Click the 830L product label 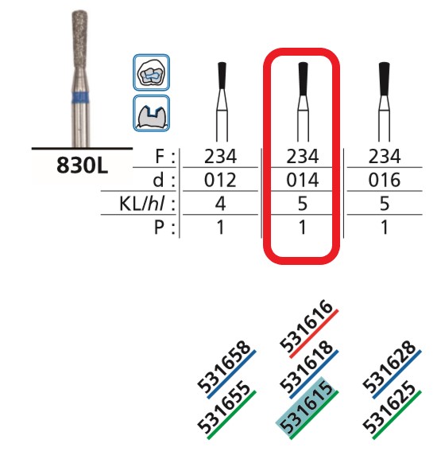pos(83,165)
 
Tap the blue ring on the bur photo pos(81,97)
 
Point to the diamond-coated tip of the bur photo pos(80,35)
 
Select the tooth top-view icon pos(151,72)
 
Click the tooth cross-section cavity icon pos(151,114)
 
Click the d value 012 pos(220,180)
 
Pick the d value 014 pos(303,180)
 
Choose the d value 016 pos(385,180)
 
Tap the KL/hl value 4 pos(221,204)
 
